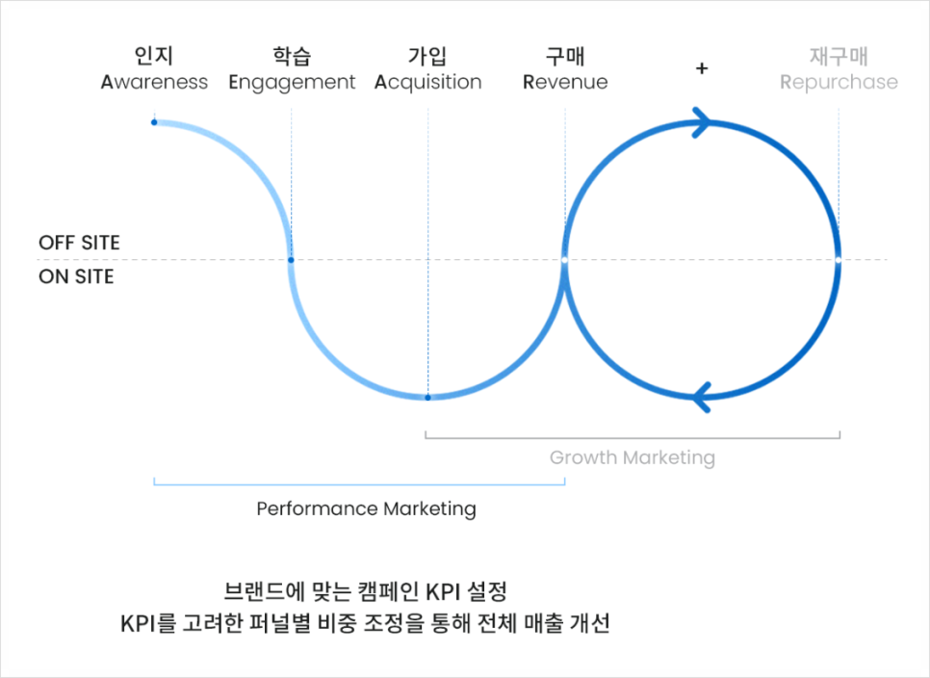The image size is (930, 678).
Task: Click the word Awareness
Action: [x=154, y=82]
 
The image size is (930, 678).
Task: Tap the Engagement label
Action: [x=292, y=83]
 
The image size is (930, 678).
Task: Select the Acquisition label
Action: [x=427, y=83]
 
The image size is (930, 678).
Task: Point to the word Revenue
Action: [x=565, y=82]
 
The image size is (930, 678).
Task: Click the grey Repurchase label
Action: [x=839, y=83]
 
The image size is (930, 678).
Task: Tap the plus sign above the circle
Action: [x=702, y=68]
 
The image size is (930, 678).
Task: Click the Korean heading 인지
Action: [x=154, y=56]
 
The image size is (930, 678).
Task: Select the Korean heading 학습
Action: [x=292, y=56]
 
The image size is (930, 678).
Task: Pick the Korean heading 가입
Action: [x=427, y=56]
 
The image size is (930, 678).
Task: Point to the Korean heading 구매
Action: [x=565, y=56]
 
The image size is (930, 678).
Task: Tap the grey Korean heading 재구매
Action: [x=839, y=56]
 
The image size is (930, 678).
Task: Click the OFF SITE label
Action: [x=79, y=243]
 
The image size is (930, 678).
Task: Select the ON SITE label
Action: [x=76, y=276]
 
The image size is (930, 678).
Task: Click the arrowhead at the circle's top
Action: [x=702, y=122]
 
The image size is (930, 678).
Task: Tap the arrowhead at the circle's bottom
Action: [x=702, y=397]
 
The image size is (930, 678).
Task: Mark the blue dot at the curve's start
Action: [x=154, y=122]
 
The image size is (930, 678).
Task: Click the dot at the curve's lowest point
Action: [x=427, y=398]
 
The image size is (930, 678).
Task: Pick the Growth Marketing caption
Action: [x=633, y=457]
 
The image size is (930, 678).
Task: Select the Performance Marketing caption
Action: [x=366, y=508]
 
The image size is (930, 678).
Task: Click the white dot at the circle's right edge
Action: [x=839, y=260]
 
